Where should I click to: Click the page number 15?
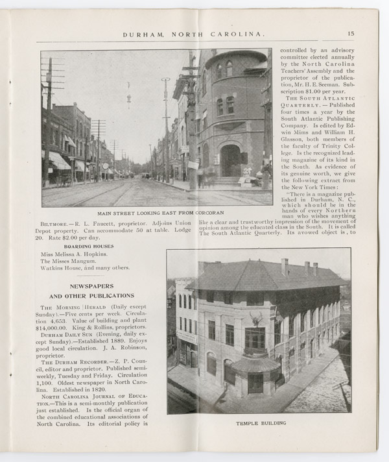351,34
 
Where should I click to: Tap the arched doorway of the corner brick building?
230,161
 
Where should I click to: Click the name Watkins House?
63,268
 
